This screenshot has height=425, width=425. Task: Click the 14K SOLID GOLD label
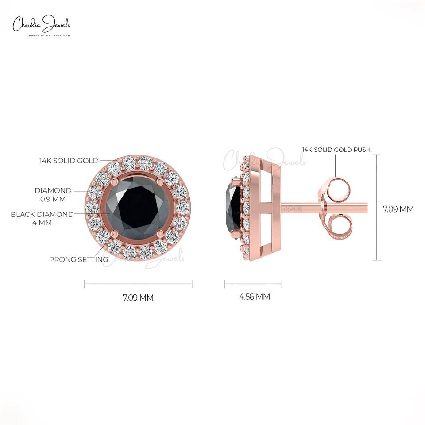69,161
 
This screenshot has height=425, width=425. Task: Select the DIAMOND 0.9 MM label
53,195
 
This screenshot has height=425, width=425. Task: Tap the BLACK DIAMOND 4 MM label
42,218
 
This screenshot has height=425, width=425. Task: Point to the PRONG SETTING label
78,259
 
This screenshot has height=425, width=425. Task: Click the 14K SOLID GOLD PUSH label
336,150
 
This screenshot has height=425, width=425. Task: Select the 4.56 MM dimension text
254,297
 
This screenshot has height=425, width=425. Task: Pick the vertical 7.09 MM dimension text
398,209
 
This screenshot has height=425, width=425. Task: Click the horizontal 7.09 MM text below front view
138,297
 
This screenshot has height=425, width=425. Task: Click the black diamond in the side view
233,207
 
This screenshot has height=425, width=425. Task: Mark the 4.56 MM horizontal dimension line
252,284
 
